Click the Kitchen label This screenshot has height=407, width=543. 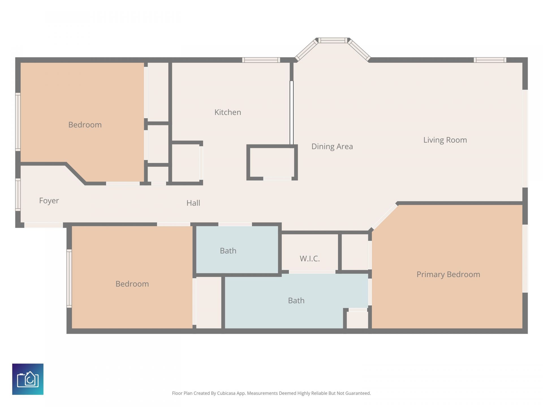coord(228,112)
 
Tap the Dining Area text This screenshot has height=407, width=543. coord(332,146)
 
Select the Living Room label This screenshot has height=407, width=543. coord(445,140)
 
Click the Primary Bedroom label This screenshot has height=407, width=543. coord(448,274)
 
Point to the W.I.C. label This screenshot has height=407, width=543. coord(310,259)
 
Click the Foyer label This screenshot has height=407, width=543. coord(49,201)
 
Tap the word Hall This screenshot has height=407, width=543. coord(193,203)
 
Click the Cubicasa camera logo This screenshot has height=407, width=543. coord(28,379)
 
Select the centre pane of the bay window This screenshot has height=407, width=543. coord(333,41)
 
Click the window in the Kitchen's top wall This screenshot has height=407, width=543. coord(261,60)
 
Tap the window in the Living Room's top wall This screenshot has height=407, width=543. coord(490,60)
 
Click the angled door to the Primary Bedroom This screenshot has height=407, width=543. coord(384,217)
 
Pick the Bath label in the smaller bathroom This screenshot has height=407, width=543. coord(228,251)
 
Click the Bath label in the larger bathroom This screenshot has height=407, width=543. coord(296,300)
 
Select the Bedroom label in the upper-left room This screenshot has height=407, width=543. coord(85,125)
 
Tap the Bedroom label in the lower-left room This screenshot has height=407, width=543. coord(132,284)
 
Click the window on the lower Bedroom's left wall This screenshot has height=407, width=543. coord(69,278)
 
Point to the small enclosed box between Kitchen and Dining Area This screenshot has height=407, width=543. coord(272,163)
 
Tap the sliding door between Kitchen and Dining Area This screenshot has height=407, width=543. coord(292,113)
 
